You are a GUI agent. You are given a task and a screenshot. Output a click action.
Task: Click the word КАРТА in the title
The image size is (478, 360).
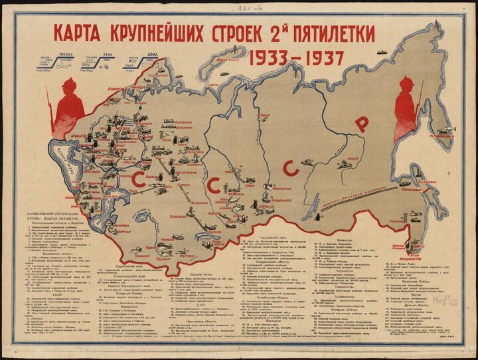click(x=87, y=33)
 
